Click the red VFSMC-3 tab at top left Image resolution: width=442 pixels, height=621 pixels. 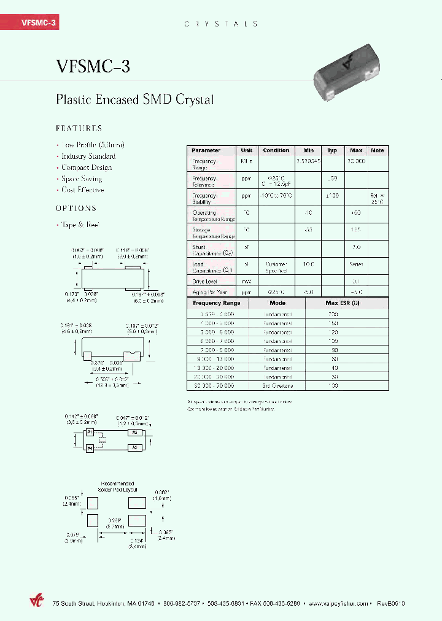30,23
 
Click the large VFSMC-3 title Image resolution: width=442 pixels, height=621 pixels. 93,66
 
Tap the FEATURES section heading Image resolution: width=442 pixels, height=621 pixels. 79,128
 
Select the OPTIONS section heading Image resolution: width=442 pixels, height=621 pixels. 76,208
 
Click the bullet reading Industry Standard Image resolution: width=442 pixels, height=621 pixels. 88,156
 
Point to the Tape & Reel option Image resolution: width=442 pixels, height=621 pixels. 80,225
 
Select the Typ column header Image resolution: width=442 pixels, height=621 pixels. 332,150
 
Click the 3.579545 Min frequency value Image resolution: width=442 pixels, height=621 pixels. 307,162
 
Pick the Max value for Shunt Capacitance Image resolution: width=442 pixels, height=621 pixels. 355,247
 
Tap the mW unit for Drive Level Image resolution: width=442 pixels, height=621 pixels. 246,282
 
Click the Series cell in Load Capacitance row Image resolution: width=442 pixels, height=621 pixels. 356,264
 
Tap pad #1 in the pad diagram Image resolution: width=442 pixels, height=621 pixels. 90,433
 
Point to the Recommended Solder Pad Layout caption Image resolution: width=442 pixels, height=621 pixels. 117,487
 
